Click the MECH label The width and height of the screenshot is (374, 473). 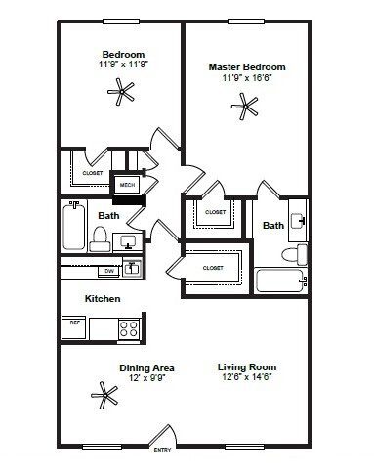click(x=127, y=183)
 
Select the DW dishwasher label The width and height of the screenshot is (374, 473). click(x=109, y=270)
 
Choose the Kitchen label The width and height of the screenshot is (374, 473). click(x=103, y=298)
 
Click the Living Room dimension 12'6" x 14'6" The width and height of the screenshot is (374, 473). click(x=244, y=376)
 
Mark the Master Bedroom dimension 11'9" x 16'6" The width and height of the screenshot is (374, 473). click(x=246, y=77)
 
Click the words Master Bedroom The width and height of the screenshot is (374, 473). click(x=246, y=66)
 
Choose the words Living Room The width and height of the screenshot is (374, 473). click(x=244, y=366)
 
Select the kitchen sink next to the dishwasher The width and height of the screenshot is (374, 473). click(x=134, y=268)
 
